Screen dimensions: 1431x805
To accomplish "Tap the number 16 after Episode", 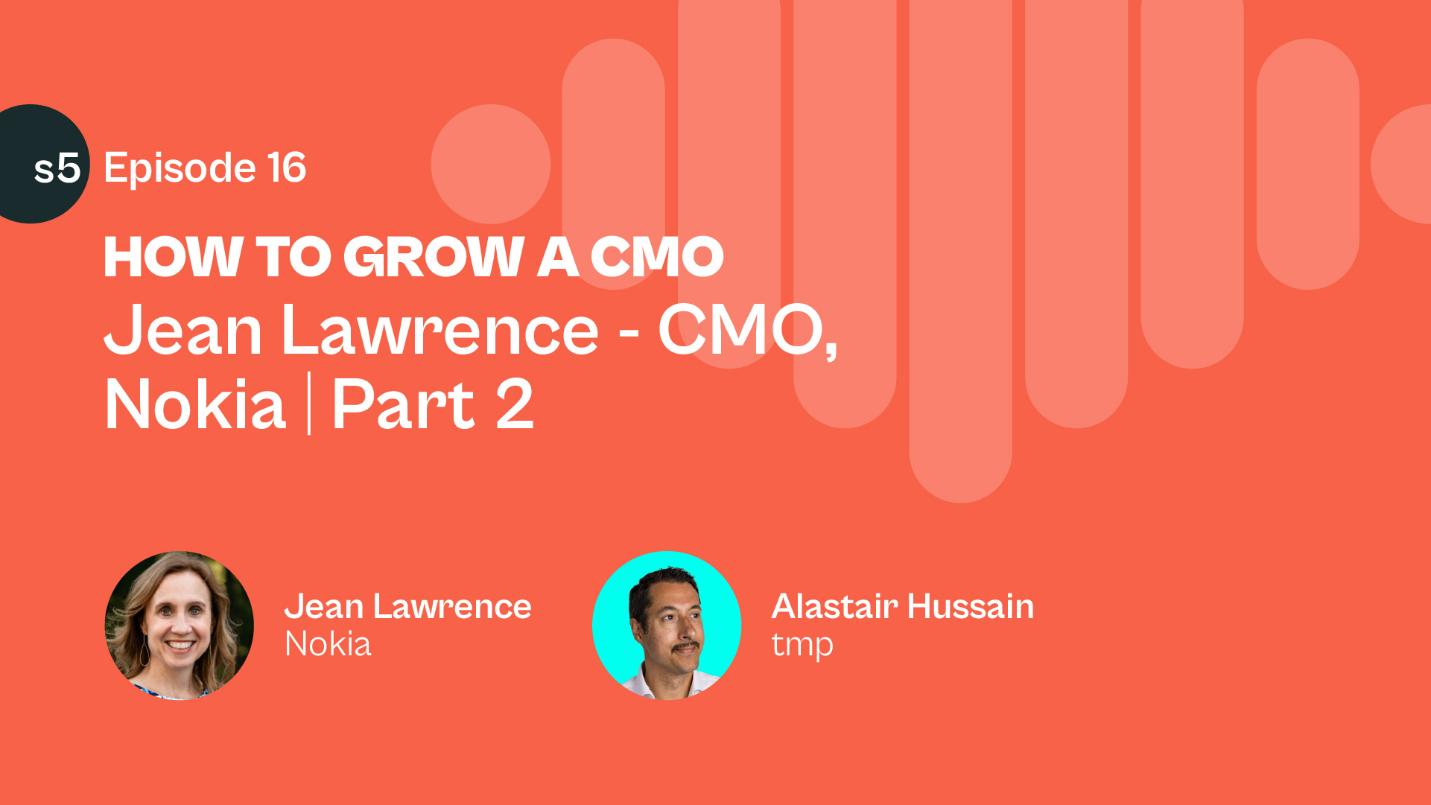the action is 287,168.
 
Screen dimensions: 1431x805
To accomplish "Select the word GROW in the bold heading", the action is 434,257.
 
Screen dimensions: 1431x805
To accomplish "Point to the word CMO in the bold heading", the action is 657,257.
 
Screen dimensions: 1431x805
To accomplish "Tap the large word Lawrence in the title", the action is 440,329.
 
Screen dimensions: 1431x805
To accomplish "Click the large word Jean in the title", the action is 183,329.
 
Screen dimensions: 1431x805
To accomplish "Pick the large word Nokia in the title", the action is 195,404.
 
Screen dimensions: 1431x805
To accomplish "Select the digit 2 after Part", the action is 515,404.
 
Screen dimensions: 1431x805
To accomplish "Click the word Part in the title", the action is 403,404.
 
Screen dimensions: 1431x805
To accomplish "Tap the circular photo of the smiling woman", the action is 179,626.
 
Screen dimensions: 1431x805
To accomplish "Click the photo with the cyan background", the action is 667,626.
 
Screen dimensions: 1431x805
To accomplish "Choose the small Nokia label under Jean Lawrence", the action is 328,644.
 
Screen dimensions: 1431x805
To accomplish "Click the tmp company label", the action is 802,646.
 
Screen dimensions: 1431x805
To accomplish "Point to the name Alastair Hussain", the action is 903,606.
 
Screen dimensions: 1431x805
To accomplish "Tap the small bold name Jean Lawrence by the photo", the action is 408,606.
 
